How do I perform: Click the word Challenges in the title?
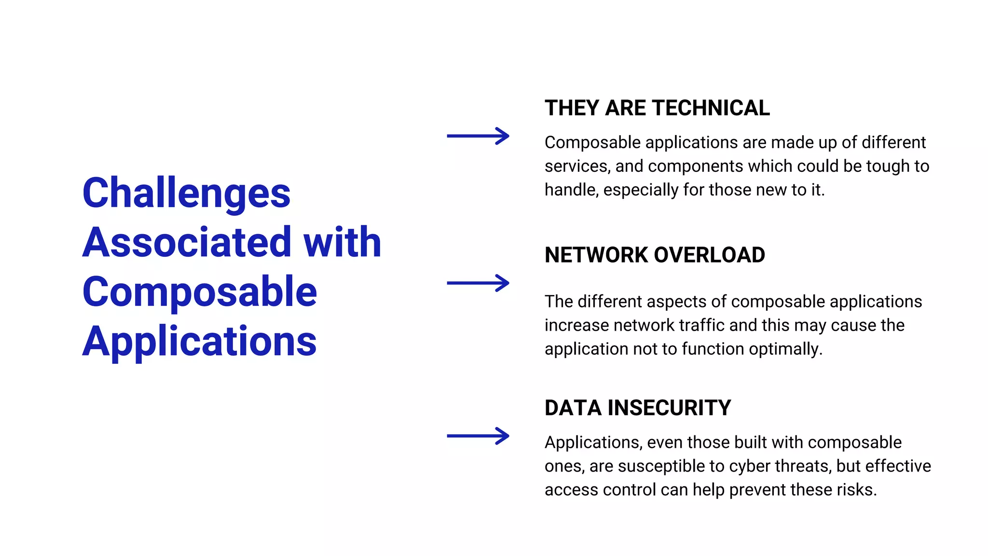coord(186,193)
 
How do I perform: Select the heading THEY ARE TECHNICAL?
coord(657,108)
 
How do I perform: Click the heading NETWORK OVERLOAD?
coord(655,255)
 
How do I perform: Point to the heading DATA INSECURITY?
coord(638,408)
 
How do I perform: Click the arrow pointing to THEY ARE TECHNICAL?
coord(478,136)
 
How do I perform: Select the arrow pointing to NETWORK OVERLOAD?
coord(478,283)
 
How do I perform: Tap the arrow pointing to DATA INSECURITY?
coord(478,436)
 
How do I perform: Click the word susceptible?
coord(661,466)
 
